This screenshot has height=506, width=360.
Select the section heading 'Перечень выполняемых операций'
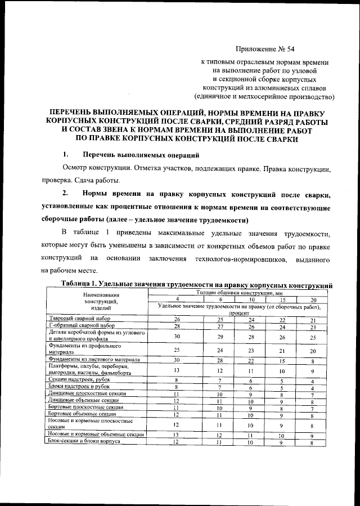[140, 155]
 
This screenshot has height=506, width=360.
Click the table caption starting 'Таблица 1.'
[196, 285]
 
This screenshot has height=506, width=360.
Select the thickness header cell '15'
[282, 299]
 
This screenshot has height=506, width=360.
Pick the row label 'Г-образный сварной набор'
[78, 326]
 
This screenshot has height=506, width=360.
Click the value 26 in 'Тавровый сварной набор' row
[176, 319]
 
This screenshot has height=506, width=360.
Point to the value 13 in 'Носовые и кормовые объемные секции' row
[176, 435]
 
